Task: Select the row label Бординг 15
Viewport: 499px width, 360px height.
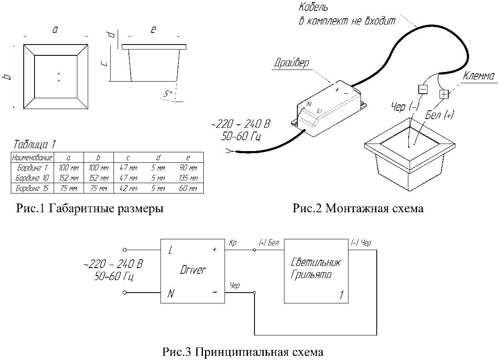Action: [32, 189]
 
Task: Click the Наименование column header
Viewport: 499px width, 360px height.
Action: [32, 158]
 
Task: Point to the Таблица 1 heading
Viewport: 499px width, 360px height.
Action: [35, 145]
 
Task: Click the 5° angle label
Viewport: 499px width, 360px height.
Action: [168, 94]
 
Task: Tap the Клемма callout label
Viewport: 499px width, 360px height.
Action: [478, 77]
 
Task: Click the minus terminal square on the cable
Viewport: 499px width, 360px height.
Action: [422, 89]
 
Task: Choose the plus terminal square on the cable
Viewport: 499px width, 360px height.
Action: [444, 94]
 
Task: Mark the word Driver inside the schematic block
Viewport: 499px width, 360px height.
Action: [193, 270]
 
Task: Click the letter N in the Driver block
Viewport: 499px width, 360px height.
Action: [170, 294]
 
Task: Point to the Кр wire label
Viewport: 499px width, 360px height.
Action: [232, 243]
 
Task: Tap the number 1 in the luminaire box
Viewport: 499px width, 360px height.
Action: [341, 295]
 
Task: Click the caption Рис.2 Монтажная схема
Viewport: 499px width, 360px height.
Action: [358, 209]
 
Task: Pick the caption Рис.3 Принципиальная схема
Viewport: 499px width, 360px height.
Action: [243, 352]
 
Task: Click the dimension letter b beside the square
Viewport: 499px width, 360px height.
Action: [9, 77]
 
